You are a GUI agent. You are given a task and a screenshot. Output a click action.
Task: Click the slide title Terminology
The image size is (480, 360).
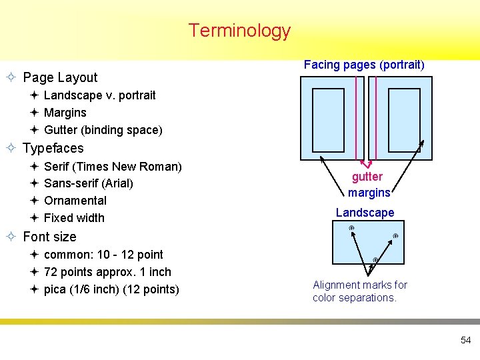click(x=239, y=31)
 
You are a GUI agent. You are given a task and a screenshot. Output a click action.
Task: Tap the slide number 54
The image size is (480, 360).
click(x=465, y=340)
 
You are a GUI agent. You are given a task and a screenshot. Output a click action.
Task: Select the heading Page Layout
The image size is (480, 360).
click(x=60, y=77)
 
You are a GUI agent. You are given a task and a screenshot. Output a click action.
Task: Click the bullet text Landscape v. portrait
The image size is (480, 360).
click(x=99, y=95)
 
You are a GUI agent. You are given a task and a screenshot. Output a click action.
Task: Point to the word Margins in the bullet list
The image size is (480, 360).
click(x=65, y=113)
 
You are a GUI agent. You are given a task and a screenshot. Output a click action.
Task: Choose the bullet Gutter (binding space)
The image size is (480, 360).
click(x=103, y=130)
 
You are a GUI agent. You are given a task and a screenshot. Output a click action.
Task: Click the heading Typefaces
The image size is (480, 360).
click(x=53, y=148)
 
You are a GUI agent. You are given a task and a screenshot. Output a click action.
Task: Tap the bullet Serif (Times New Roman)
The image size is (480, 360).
click(x=112, y=166)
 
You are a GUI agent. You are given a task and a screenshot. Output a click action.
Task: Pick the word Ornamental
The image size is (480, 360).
click(x=75, y=200)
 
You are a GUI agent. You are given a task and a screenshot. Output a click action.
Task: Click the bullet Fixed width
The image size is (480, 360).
click(x=74, y=217)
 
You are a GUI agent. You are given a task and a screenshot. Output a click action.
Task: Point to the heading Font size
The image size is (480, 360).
click(x=49, y=237)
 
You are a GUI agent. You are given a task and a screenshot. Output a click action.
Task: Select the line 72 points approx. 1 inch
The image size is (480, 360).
click(x=107, y=272)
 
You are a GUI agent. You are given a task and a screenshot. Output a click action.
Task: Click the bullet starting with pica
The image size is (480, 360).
click(x=111, y=289)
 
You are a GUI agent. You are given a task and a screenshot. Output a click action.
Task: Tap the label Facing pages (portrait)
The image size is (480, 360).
click(x=364, y=65)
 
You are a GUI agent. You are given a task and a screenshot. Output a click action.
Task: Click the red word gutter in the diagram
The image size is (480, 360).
click(x=367, y=177)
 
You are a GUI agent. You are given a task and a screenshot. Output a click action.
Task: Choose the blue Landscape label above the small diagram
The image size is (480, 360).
click(x=365, y=213)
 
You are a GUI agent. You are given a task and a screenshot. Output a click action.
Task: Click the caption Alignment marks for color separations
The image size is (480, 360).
click(x=360, y=291)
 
